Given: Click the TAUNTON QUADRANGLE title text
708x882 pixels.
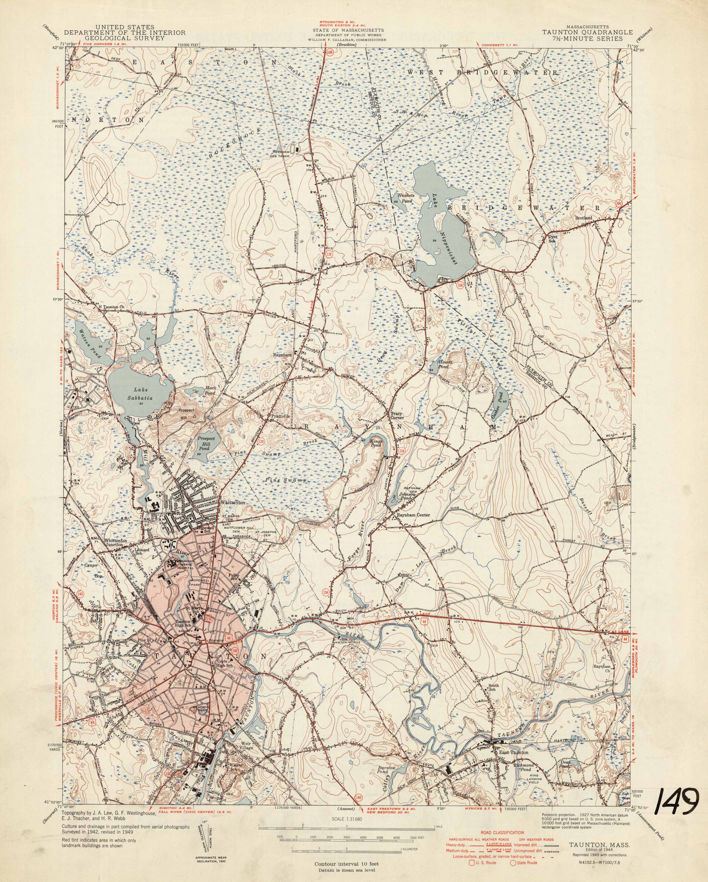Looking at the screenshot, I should (588, 32).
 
